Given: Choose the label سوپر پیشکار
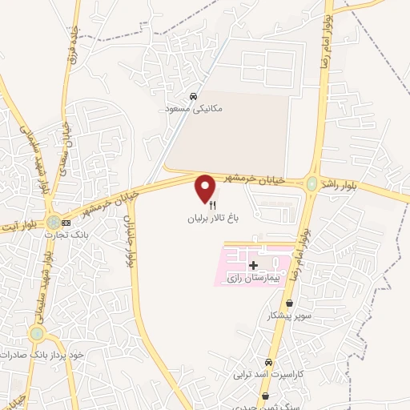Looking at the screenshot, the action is [x=288, y=316].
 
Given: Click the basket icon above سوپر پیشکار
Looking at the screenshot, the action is [x=288, y=304].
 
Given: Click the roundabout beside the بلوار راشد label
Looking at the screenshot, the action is [x=311, y=184].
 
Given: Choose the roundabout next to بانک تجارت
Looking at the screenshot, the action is [x=53, y=221].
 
